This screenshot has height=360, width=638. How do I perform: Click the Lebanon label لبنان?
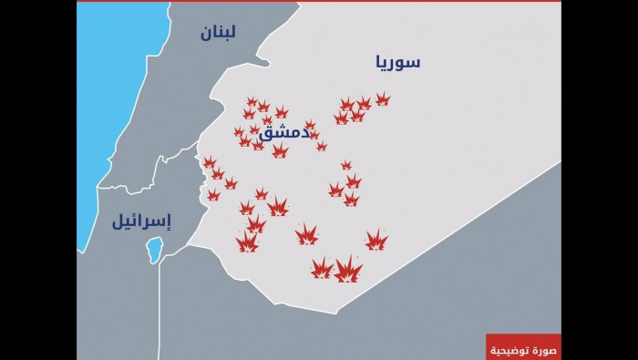[219, 33]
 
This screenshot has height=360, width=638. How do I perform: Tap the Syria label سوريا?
[397, 62]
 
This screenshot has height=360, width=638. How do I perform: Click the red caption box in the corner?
[522, 346]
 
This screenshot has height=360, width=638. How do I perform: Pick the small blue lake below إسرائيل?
[155, 249]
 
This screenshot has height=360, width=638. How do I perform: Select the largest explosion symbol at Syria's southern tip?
[347, 270]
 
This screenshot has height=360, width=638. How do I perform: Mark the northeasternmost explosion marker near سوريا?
[383, 98]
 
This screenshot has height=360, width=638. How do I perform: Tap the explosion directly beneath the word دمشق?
[279, 150]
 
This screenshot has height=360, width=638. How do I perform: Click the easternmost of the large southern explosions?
[376, 241]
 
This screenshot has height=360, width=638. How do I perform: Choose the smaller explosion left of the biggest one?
[321, 268]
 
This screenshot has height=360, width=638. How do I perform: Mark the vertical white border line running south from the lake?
[159, 310]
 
